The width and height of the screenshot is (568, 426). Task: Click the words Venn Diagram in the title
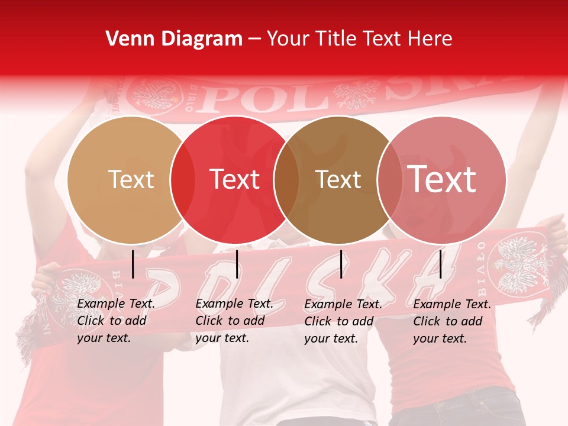(174, 39)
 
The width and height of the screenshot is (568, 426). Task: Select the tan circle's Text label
(131, 180)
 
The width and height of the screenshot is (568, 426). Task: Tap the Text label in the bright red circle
(235, 180)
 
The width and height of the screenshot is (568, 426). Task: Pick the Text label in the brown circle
(338, 180)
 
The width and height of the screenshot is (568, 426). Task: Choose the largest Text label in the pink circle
(442, 179)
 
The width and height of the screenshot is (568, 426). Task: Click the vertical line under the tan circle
(133, 264)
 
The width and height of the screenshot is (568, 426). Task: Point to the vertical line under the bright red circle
(237, 264)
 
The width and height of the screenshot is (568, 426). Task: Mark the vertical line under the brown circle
(341, 264)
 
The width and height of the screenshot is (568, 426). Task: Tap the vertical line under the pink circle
(441, 264)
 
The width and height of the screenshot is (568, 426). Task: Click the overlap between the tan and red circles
(182, 180)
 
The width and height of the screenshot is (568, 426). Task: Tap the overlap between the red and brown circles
(286, 180)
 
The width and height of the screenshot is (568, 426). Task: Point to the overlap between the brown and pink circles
(388, 180)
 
